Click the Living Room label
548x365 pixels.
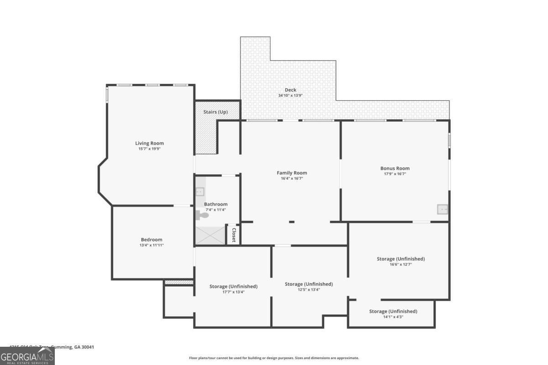point(149,143)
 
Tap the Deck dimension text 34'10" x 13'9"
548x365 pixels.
point(290,96)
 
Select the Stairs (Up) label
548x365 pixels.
point(216,112)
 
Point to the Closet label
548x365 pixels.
point(234,235)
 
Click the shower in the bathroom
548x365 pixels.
point(211,236)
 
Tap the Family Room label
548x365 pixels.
point(292,173)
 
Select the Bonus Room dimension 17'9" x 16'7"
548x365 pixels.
point(395,174)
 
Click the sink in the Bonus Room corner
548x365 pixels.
point(442,209)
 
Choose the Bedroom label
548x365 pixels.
point(151,240)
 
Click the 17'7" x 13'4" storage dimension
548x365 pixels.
point(233,292)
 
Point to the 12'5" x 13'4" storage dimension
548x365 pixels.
point(309,290)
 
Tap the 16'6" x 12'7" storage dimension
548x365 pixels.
point(400,265)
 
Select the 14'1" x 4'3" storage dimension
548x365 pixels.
point(393,317)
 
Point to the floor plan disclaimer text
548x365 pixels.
point(274,358)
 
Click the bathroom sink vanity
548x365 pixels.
point(200,191)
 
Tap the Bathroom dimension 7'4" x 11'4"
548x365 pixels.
point(216,210)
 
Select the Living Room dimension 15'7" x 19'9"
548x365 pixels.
point(149,149)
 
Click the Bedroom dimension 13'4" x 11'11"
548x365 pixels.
point(151,245)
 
